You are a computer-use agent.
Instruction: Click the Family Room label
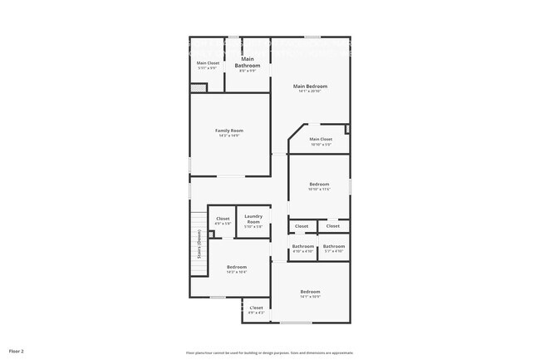tap(229, 131)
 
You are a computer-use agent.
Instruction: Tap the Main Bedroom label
tap(310, 86)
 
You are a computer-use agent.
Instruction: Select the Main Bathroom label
tap(248, 62)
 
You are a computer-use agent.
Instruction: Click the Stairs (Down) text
tap(199, 244)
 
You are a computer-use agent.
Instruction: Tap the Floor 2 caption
tap(17, 351)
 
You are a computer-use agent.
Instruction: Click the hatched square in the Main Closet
tap(198, 87)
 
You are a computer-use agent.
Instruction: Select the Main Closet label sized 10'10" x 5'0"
tap(321, 139)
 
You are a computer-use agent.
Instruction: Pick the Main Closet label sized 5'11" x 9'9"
tap(207, 63)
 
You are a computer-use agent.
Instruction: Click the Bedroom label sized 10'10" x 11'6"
tap(320, 184)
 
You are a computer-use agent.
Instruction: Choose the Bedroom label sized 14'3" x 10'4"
tap(237, 267)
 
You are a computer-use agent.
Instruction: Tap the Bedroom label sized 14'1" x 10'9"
tap(310, 291)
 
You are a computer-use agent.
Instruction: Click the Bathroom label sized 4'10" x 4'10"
tap(303, 246)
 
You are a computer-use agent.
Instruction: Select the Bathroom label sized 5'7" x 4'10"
tap(334, 246)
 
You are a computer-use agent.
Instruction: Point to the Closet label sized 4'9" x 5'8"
tap(223, 219)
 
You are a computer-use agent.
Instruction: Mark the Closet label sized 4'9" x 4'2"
tap(256, 308)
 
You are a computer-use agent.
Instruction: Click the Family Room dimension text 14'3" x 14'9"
tap(229, 136)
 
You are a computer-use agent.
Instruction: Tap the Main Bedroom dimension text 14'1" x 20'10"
tap(310, 91)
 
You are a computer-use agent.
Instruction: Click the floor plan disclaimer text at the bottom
tap(269, 352)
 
